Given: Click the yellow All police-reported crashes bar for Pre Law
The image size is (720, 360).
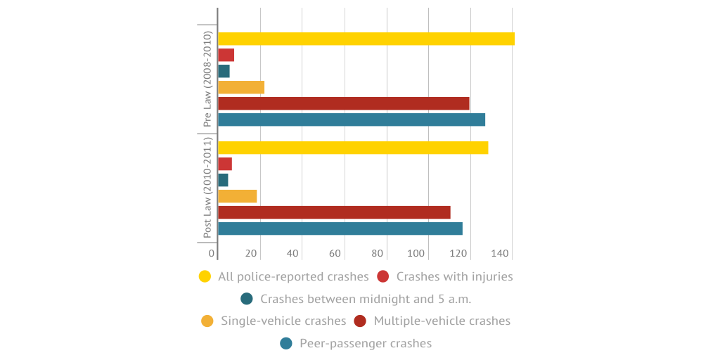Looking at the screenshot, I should tap(366, 39).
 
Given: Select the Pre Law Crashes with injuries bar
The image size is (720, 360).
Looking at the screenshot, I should tap(226, 55).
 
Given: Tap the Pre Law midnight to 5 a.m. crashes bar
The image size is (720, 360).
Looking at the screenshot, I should tap(224, 71).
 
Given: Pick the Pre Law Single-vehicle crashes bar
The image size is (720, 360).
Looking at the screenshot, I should tap(241, 87).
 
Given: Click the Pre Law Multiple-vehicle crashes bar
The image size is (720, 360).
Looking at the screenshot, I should tap(343, 103).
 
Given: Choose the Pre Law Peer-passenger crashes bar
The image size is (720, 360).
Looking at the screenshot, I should tap(352, 120).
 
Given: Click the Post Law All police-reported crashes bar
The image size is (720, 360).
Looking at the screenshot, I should tap(353, 148).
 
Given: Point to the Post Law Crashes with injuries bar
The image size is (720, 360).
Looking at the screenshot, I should tap(225, 164).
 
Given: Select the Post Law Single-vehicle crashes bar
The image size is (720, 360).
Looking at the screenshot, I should tap(238, 196).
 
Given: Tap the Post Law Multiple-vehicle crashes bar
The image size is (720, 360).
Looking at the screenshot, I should tap(334, 212).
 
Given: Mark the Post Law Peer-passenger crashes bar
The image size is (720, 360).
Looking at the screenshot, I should tap(340, 229).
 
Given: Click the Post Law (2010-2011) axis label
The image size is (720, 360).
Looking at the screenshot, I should tap(207, 188).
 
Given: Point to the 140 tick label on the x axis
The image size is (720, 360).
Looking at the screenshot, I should tap(499, 253).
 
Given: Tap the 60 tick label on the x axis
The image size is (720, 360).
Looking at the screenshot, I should tap(335, 253).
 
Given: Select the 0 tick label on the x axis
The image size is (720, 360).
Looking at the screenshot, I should tap(212, 253).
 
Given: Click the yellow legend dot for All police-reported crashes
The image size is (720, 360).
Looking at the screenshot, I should tap(205, 276).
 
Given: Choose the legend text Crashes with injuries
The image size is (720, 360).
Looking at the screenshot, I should tap(454, 276).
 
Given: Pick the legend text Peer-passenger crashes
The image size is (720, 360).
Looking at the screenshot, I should tap(366, 343).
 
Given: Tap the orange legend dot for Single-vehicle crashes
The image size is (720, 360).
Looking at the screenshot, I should tap(207, 321).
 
